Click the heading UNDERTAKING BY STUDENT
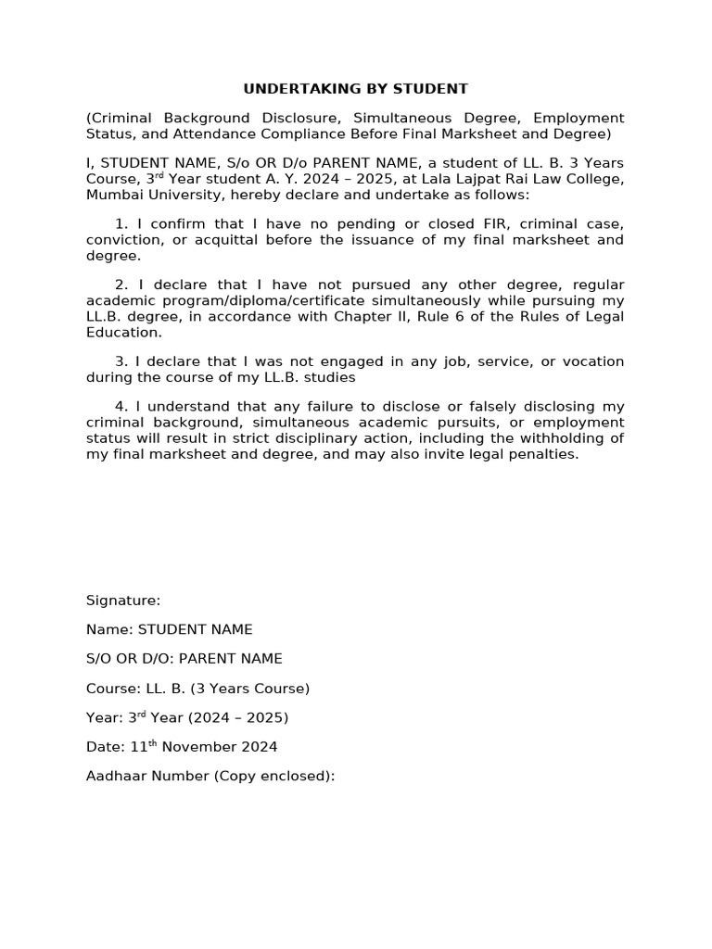[x=355, y=89]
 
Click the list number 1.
[x=121, y=224]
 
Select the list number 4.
[x=121, y=407]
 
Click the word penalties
[x=543, y=453]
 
